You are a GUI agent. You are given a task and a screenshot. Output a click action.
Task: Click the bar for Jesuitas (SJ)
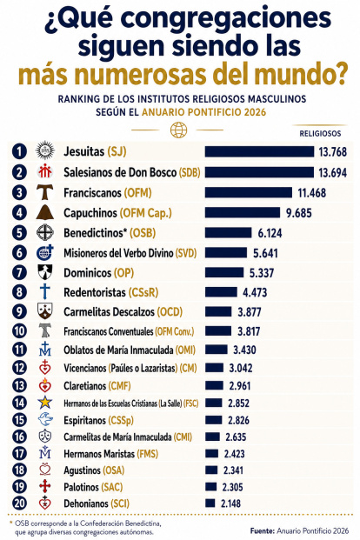pos(259,151)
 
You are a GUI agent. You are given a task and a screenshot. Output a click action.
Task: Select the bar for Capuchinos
pos(243,212)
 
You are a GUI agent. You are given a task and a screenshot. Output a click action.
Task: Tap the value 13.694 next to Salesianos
pos(332,172)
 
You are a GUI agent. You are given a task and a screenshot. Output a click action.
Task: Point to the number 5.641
pos(265,253)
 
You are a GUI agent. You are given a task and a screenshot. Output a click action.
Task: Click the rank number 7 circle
pos(19,273)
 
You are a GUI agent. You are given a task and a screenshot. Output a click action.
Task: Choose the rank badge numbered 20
pos(19,503)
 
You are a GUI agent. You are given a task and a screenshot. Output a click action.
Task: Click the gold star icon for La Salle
pos(45,403)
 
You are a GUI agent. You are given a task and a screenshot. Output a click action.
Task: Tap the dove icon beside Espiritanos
pos(45,420)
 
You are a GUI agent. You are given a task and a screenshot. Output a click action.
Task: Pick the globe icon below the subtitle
pos(179,130)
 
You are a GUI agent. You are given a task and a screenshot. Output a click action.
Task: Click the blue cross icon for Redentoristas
pos(45,291)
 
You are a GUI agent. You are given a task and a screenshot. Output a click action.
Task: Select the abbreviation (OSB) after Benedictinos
pos(143,233)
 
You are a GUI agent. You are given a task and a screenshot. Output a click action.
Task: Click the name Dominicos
pos(88,273)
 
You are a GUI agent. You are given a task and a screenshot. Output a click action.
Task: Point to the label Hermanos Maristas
pos(99,454)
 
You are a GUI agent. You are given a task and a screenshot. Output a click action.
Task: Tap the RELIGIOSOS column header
pos(320,134)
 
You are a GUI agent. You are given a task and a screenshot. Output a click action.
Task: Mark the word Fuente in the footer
pos(262,530)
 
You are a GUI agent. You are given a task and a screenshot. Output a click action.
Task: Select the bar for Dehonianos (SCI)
pos(210,503)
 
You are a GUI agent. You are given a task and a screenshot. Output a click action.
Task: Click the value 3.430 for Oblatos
pos(244,350)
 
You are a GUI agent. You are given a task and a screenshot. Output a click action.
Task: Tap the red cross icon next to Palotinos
pos(45,486)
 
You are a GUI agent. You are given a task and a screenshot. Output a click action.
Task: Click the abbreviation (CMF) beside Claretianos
pos(119,386)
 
